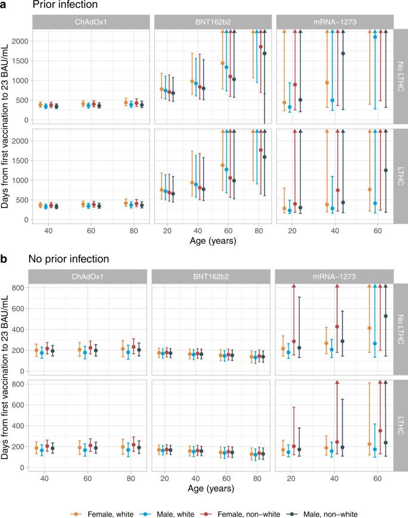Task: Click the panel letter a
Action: coord(5,6)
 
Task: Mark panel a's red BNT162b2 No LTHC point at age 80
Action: coord(260,47)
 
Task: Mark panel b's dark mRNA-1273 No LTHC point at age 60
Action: coord(385,316)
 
